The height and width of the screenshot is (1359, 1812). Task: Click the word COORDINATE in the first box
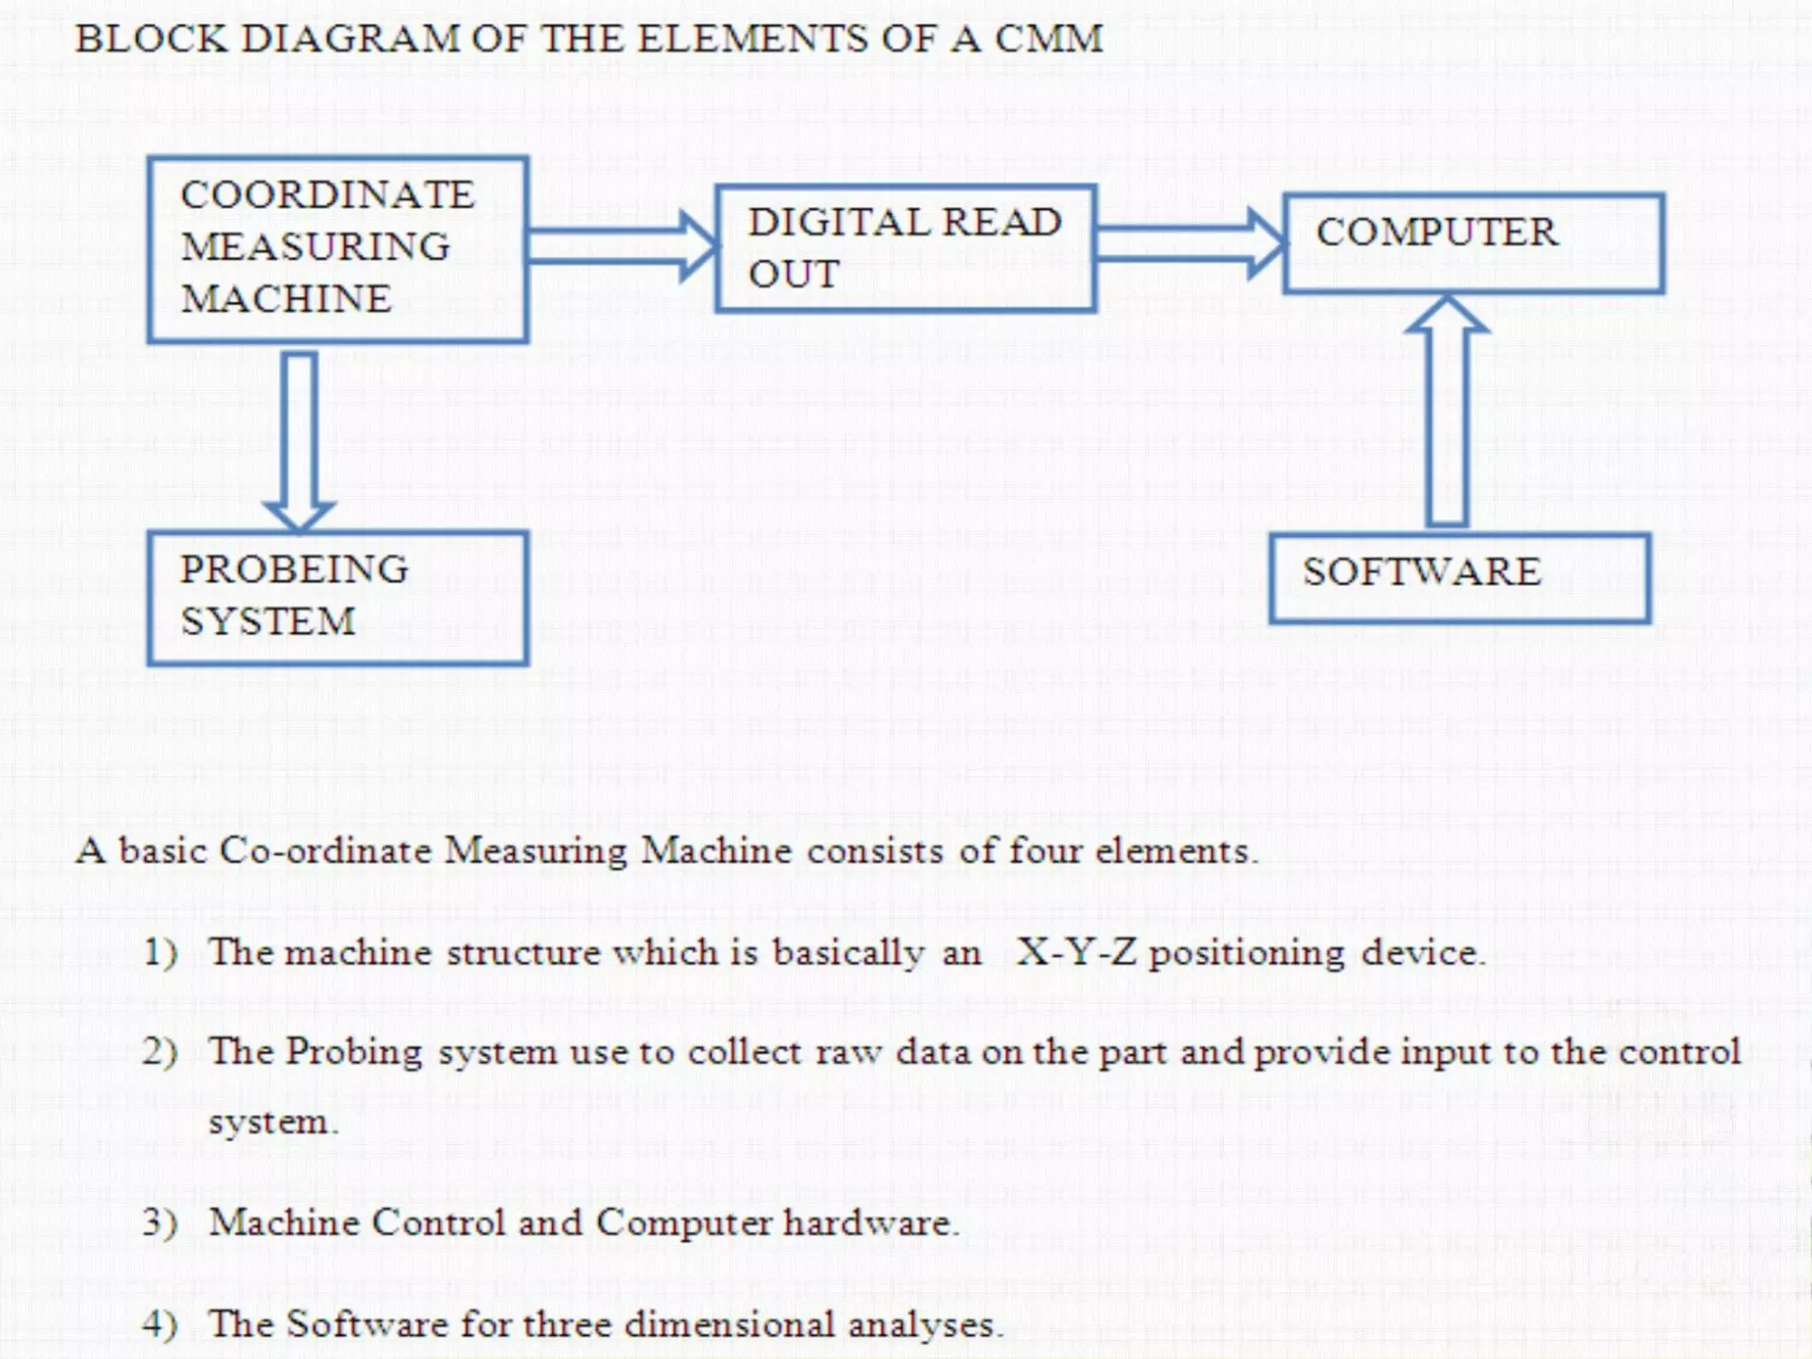[326, 195]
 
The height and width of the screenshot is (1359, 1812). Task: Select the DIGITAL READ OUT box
[905, 249]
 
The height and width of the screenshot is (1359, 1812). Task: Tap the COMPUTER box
[1473, 243]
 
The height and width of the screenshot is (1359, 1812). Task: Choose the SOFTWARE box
[1459, 578]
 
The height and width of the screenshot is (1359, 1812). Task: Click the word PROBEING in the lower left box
[294, 569]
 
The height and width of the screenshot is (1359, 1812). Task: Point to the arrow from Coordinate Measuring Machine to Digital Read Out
[620, 246]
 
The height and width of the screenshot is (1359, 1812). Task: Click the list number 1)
[160, 953]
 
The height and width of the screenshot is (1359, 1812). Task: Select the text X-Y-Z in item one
[1075, 953]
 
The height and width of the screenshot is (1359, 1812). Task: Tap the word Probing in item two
[354, 1052]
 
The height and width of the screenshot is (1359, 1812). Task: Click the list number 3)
[160, 1223]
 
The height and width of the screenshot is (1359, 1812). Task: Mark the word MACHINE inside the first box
[285, 299]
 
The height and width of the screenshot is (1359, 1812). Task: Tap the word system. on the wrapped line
[273, 1123]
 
